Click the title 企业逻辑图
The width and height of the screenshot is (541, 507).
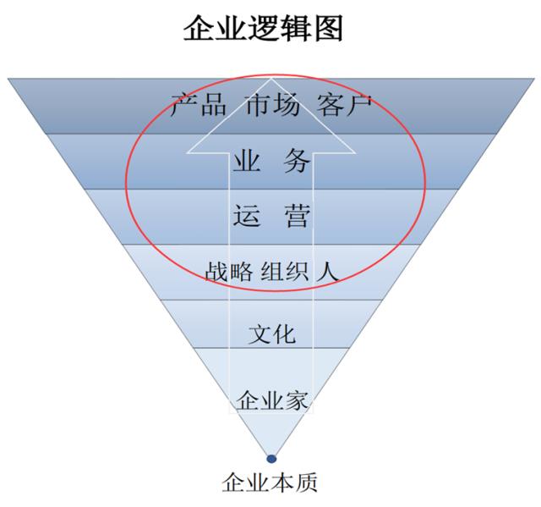[264, 29]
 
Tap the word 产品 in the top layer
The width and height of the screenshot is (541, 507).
[198, 106]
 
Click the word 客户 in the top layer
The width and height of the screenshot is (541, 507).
[344, 106]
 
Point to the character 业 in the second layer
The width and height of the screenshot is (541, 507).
[247, 161]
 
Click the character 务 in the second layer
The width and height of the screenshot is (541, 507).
[297, 161]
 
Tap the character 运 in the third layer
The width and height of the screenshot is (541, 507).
[247, 217]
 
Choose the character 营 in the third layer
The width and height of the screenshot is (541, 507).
[297, 217]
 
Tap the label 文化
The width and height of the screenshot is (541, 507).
[271, 333]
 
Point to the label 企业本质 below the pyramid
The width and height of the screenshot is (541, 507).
[270, 483]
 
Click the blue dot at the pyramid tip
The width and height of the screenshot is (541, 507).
[270, 460]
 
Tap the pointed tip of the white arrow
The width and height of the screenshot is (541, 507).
[270, 80]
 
